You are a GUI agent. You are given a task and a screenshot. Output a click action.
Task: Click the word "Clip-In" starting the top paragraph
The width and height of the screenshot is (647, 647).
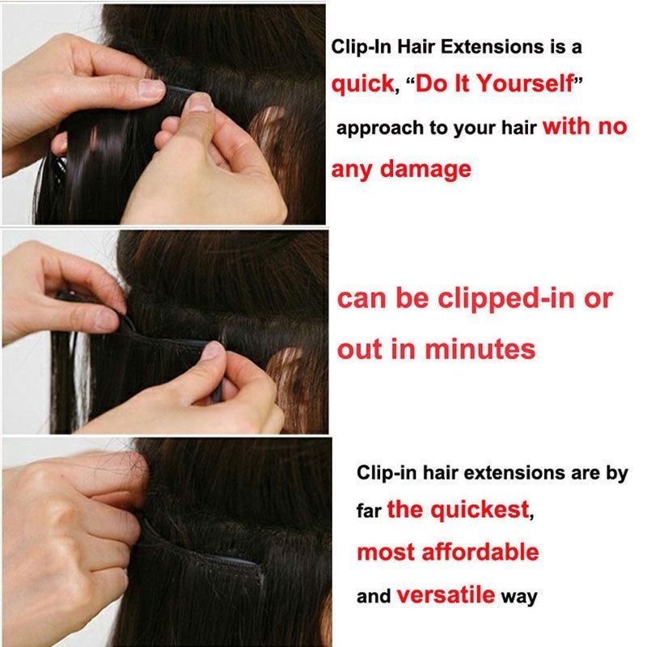point(357,47)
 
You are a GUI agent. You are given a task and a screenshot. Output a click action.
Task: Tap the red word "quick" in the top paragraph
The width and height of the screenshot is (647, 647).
point(362,85)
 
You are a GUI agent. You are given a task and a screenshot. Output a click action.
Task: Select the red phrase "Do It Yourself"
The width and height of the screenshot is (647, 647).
point(495,85)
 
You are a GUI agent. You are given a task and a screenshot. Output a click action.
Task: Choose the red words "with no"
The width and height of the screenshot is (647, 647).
point(585,127)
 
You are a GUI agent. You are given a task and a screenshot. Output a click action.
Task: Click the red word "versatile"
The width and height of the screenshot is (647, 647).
point(446,596)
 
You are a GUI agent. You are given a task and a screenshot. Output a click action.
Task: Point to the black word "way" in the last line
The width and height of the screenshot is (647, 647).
point(519,598)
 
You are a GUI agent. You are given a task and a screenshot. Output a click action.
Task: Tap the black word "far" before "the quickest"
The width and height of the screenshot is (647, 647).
point(369,512)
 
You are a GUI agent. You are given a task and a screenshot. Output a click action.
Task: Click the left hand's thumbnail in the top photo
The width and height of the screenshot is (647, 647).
point(151,87)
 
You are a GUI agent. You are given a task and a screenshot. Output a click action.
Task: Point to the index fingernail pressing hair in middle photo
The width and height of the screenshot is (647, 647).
point(212,349)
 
